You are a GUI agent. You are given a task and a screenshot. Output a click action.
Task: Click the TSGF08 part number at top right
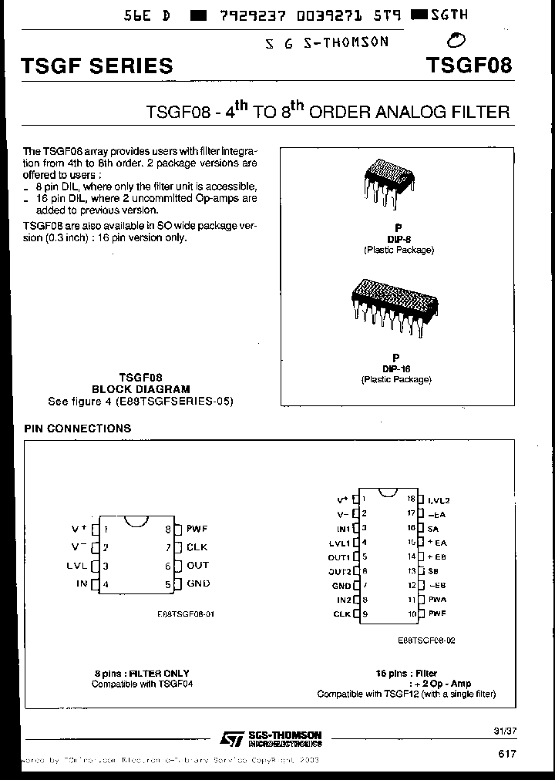pyautogui.click(x=468, y=65)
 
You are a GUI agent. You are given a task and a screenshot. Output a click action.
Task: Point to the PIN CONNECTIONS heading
pyautogui.click(x=77, y=428)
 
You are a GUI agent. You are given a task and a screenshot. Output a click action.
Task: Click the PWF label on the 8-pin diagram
pyautogui.click(x=197, y=529)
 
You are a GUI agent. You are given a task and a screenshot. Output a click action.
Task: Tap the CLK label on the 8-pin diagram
pyautogui.click(x=197, y=547)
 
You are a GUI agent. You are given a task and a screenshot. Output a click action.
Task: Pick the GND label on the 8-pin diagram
pyautogui.click(x=198, y=583)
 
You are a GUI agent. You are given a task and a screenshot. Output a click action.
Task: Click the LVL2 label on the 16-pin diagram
pyautogui.click(x=438, y=500)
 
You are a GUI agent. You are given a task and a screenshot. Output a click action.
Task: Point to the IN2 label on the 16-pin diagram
pyautogui.click(x=343, y=600)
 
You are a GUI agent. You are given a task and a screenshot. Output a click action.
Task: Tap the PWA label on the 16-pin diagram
pyautogui.click(x=437, y=600)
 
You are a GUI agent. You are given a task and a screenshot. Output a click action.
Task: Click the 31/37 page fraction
pyautogui.click(x=501, y=729)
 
